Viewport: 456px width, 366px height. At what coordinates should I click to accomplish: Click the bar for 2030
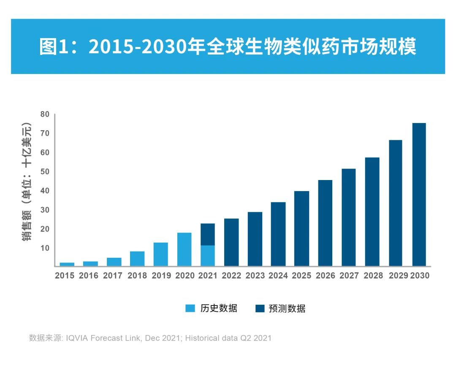coord(419,194)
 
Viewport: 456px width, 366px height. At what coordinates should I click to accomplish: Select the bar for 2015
coord(67,264)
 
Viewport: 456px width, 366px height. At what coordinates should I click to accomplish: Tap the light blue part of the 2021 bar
coord(207,255)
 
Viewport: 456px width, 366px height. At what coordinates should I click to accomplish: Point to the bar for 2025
coord(301,228)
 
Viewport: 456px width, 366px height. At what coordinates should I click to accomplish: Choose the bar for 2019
coord(160,254)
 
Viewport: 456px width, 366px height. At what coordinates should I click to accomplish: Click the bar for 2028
coord(372,211)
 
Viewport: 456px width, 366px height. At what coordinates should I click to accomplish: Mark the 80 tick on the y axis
coord(45,114)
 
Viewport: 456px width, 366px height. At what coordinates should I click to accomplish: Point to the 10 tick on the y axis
coord(45,248)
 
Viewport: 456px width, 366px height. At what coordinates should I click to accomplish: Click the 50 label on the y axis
coord(45,172)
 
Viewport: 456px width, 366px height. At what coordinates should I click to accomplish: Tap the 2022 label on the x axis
coord(231,276)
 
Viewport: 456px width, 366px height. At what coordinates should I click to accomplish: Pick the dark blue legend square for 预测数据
coord(260,309)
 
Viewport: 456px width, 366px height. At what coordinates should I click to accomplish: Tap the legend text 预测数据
coord(287,309)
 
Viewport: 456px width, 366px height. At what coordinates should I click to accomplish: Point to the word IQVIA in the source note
coord(77,338)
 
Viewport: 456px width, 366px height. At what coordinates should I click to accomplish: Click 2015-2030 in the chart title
coord(139,46)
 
